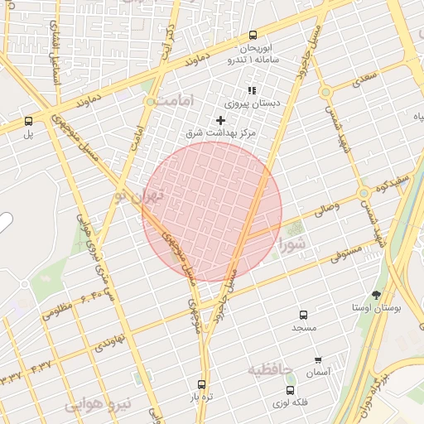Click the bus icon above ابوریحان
(x=253, y=35)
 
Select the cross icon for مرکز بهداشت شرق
(x=220, y=121)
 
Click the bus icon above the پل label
(x=29, y=120)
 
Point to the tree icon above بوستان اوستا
(x=376, y=295)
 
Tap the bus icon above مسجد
(x=303, y=316)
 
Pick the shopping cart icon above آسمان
(x=318, y=360)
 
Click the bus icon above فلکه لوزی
(x=289, y=390)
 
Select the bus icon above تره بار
(x=201, y=384)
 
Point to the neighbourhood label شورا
(x=293, y=243)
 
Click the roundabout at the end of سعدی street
(x=325, y=92)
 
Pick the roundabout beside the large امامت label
(x=150, y=102)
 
